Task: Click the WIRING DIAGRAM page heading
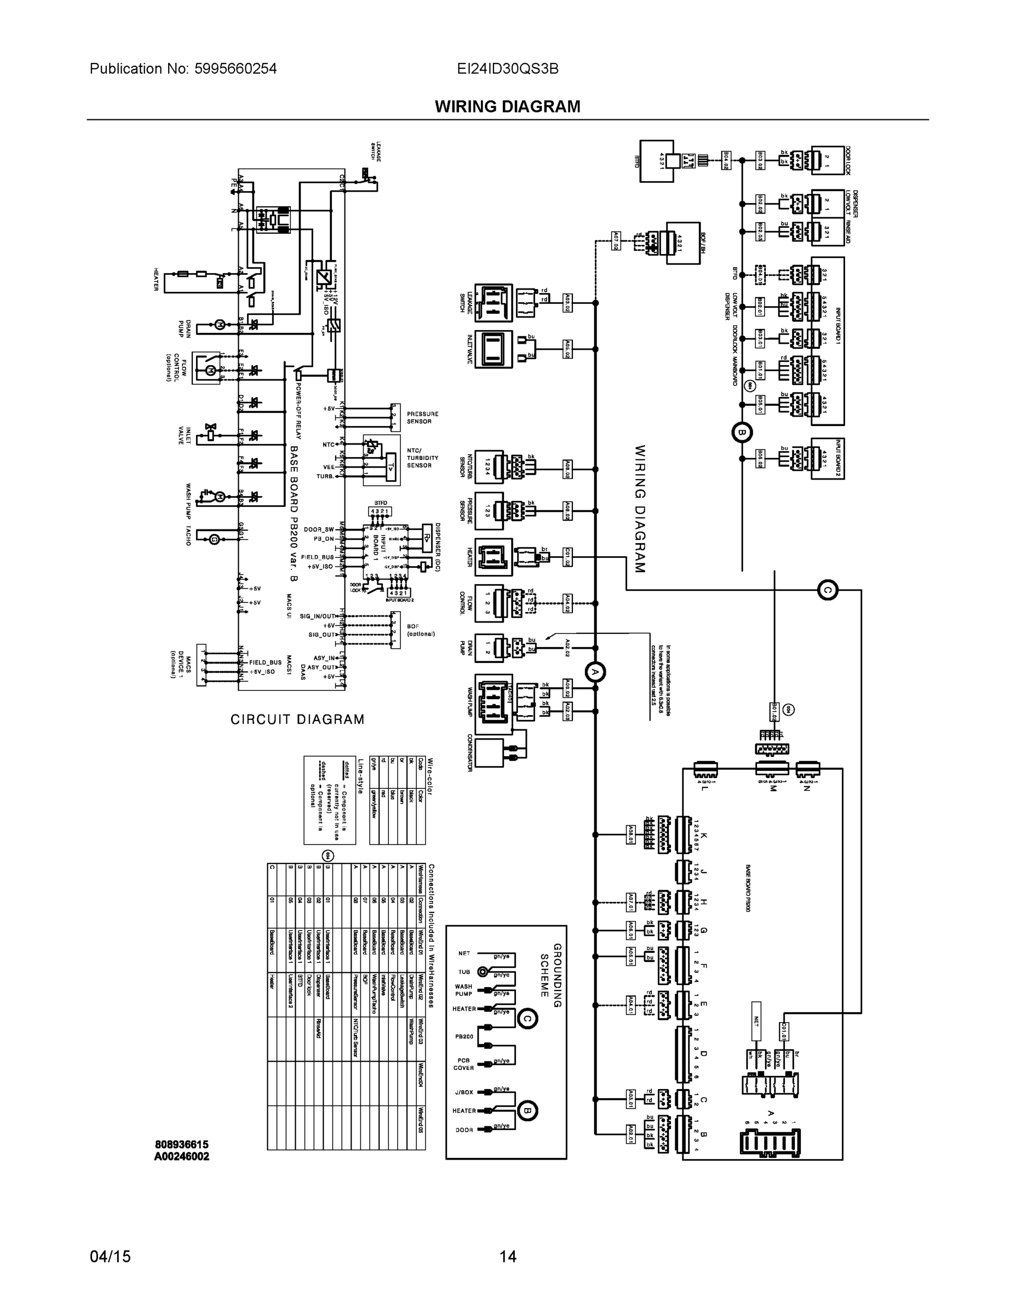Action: tap(507, 107)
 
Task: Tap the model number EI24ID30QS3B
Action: tap(507, 68)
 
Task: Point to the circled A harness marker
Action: tap(595, 672)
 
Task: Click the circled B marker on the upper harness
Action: tap(742, 432)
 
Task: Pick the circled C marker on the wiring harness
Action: tap(828, 590)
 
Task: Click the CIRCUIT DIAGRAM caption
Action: tap(297, 719)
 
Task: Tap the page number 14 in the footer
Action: tap(507, 1257)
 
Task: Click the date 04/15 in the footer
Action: tap(110, 1257)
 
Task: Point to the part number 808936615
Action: tap(182, 1144)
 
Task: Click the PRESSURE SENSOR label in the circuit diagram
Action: tap(422, 418)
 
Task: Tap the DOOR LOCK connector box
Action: tap(829, 160)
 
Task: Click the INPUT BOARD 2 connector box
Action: tap(827, 458)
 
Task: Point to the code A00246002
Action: tap(182, 1156)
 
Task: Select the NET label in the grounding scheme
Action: tap(464, 954)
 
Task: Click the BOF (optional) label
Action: tap(421, 630)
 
